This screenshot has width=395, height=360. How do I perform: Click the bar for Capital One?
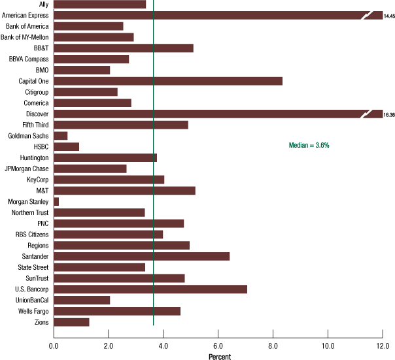click(x=167, y=81)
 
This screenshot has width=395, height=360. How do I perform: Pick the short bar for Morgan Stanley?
click(x=56, y=201)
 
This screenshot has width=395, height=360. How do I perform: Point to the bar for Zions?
click(x=71, y=322)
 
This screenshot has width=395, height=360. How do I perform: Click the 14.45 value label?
click(x=389, y=15)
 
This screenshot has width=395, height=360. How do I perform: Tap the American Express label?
click(x=28, y=15)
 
